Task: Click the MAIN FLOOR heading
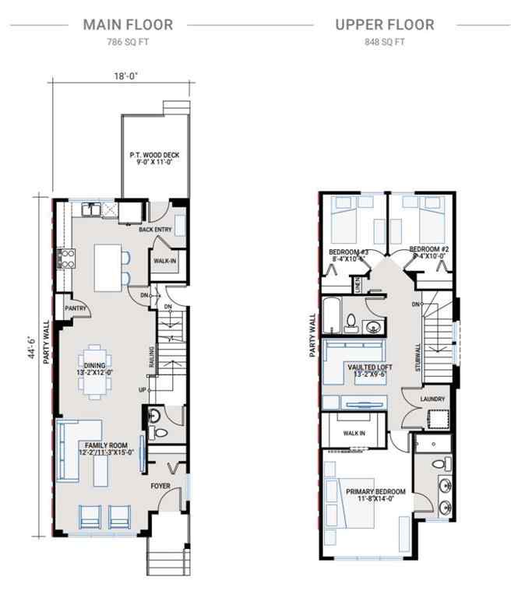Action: pos(128,24)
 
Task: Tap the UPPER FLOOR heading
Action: pos(384,24)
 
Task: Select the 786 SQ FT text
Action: pos(128,42)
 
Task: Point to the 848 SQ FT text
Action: pos(384,42)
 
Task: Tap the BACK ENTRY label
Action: pos(156,230)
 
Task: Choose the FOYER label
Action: pos(160,486)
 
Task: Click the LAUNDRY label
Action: pos(432,399)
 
